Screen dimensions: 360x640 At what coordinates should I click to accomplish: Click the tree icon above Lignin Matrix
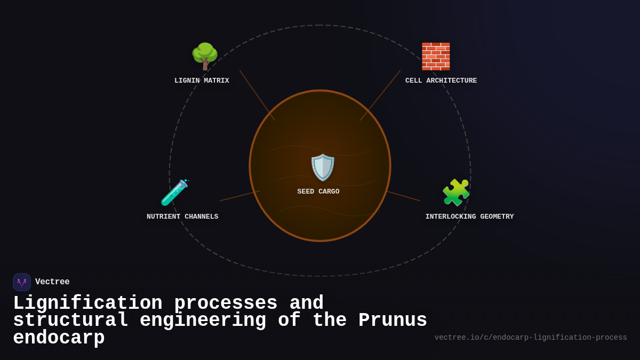[205, 56]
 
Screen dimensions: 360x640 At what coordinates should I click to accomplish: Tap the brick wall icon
[436, 56]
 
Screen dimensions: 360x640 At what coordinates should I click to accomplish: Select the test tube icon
[175, 193]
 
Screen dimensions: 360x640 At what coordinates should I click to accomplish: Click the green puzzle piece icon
[456, 193]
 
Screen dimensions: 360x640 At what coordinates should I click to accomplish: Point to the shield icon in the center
[323, 167]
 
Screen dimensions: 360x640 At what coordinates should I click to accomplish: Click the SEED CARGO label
[318, 191]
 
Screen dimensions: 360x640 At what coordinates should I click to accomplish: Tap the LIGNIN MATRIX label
[202, 81]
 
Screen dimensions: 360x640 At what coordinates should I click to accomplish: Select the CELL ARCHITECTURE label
[441, 81]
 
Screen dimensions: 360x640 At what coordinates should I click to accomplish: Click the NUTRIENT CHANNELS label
[182, 217]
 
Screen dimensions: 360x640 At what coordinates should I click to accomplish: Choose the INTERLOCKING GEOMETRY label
[469, 217]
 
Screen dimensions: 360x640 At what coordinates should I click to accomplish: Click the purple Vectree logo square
[22, 282]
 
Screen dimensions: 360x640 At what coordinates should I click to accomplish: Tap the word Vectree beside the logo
[52, 282]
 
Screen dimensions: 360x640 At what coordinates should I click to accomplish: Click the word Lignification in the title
[87, 303]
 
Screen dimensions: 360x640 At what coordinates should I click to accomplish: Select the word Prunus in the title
[393, 321]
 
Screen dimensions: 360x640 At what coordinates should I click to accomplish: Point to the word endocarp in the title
[59, 338]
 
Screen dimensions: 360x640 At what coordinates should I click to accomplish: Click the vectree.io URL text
[530, 338]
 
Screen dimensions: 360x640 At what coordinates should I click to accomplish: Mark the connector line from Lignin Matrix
[257, 95]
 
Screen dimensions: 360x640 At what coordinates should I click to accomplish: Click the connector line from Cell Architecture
[380, 95]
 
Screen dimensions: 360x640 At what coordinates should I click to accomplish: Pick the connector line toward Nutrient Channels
[239, 196]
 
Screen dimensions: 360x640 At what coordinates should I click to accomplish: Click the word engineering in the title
[203, 321]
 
